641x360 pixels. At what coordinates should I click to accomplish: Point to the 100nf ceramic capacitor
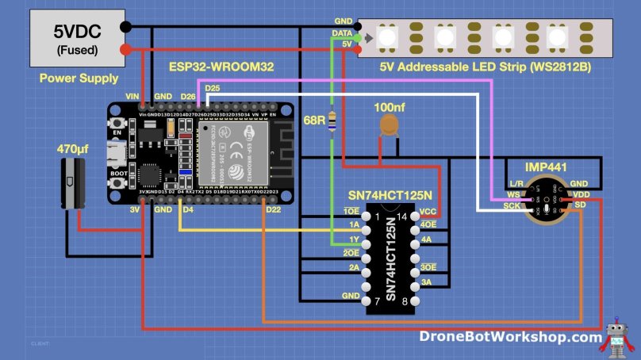[x=389, y=124]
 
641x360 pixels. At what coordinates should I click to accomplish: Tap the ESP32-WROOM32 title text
[x=221, y=67]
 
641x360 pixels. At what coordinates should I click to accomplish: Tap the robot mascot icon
[x=617, y=337]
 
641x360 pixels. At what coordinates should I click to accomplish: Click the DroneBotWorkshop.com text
[x=510, y=338]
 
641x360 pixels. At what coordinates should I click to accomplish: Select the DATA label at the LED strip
[x=342, y=33]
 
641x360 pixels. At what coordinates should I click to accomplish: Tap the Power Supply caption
[x=79, y=78]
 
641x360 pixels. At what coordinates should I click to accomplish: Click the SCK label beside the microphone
[x=512, y=205]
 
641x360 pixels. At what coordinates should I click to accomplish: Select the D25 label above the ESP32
[x=212, y=86]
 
